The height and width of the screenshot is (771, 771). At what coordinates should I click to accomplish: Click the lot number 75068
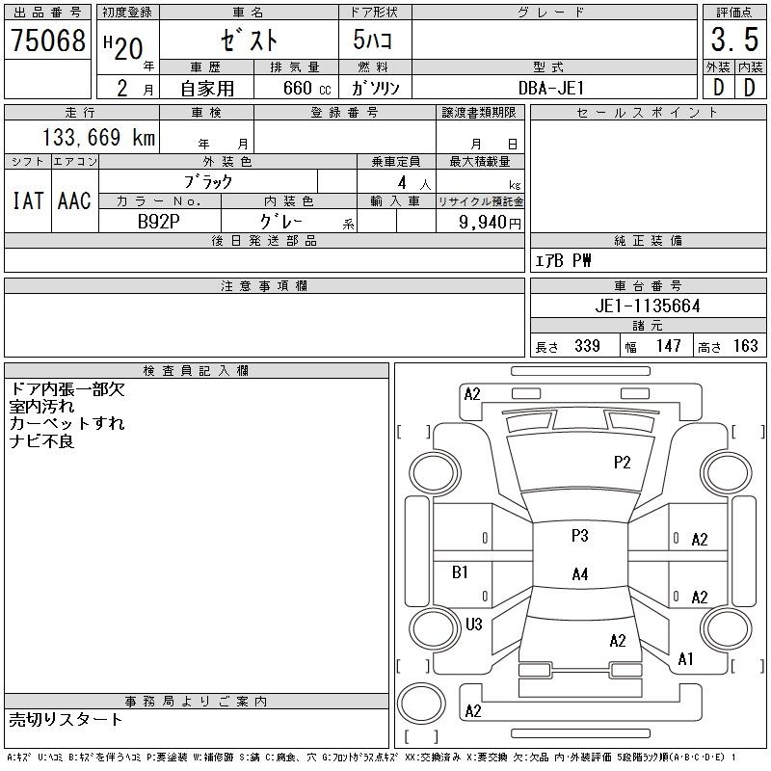click(x=48, y=40)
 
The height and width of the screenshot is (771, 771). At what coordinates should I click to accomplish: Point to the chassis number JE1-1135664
click(x=648, y=306)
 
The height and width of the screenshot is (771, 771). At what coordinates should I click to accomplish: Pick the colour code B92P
click(x=159, y=220)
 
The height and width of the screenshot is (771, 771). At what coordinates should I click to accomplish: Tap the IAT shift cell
click(x=27, y=200)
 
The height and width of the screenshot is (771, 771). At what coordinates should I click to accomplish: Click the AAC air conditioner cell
click(x=74, y=200)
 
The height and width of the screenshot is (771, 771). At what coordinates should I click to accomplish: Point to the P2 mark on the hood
click(x=623, y=463)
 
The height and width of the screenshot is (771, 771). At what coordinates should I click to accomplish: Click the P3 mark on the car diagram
click(x=579, y=536)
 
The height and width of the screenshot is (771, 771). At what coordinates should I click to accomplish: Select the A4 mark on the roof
click(x=579, y=574)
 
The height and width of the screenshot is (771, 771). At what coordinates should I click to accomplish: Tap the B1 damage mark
click(x=460, y=572)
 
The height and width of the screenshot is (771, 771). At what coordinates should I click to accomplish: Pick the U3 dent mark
click(x=473, y=625)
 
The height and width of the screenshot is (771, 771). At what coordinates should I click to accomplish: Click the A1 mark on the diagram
click(x=686, y=660)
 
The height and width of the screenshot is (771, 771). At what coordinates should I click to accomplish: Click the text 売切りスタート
click(x=66, y=720)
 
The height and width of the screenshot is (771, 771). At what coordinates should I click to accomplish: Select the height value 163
click(x=745, y=346)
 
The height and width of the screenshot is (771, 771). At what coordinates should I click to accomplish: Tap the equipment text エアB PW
click(x=564, y=260)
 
